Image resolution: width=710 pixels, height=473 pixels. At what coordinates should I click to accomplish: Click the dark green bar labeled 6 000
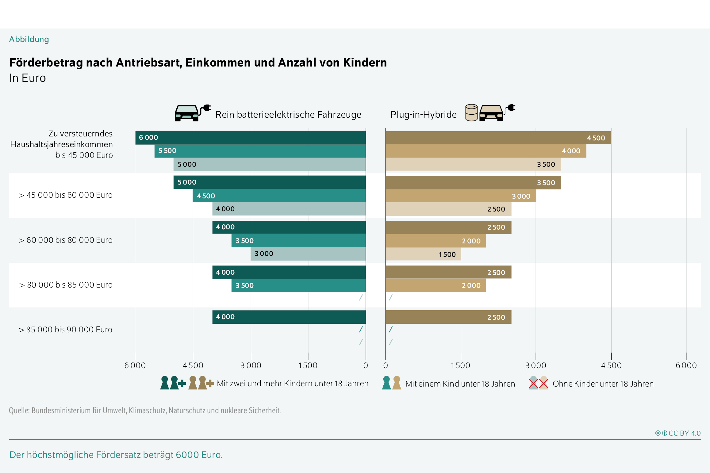pyautogui.click(x=250, y=138)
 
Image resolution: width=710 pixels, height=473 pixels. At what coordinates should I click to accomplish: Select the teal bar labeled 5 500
pyautogui.click(x=260, y=151)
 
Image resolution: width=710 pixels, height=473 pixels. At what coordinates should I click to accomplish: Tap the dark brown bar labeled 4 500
pyautogui.click(x=498, y=138)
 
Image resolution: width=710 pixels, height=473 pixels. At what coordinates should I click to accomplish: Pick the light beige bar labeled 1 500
pyautogui.click(x=423, y=254)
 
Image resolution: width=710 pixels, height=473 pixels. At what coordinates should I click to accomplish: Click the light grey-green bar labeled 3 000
pyautogui.click(x=308, y=254)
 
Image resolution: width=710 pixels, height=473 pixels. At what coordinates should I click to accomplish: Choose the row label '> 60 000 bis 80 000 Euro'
pyautogui.click(x=65, y=240)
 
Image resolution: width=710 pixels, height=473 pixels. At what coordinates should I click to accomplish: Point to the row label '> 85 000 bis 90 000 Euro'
pyautogui.click(x=65, y=330)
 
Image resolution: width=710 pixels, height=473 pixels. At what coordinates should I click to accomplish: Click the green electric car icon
pyautogui.click(x=193, y=113)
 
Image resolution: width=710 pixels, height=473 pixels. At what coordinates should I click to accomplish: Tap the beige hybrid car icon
pyautogui.click(x=497, y=113)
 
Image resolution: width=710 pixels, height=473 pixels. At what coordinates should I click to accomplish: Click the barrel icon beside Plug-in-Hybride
pyautogui.click(x=471, y=113)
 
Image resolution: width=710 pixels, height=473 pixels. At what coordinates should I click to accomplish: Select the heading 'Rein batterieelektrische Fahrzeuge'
pyautogui.click(x=288, y=115)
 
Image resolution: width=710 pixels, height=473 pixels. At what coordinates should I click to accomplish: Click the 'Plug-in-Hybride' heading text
pyautogui.click(x=424, y=115)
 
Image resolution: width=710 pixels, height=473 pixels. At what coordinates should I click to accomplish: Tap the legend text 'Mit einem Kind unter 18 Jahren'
pyautogui.click(x=460, y=384)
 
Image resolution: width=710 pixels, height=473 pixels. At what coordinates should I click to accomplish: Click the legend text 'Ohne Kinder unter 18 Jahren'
pyautogui.click(x=603, y=384)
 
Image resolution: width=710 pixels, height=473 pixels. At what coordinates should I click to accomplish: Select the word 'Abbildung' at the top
pyautogui.click(x=29, y=39)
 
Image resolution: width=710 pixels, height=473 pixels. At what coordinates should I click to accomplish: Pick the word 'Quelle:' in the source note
pyautogui.click(x=19, y=410)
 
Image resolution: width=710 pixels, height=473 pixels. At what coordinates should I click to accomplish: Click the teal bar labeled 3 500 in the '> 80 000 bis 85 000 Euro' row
pyautogui.click(x=299, y=285)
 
